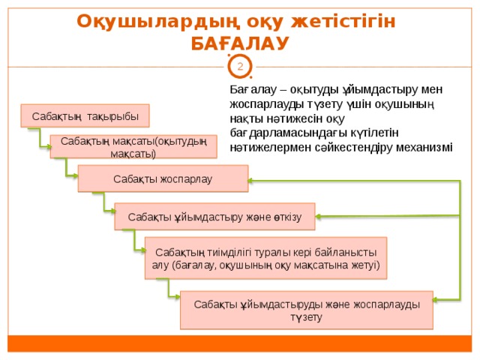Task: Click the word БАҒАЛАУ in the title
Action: pyautogui.click(x=240, y=43)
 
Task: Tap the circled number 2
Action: pyautogui.click(x=240, y=67)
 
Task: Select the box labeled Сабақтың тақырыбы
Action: pyautogui.click(x=85, y=115)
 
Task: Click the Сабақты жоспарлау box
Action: pyautogui.click(x=163, y=178)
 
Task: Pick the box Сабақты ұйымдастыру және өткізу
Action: pyautogui.click(x=214, y=217)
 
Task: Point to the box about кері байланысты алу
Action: pyautogui.click(x=265, y=258)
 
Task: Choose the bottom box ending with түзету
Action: pyautogui.click(x=307, y=310)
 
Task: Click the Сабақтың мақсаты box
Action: pyautogui.click(x=133, y=147)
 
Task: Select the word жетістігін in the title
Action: pyautogui.click(x=343, y=22)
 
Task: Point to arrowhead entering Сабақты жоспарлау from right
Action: pyautogui.click(x=250, y=181)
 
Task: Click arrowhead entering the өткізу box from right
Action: pyautogui.click(x=318, y=217)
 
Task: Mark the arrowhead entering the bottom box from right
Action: pyautogui.click(x=436, y=300)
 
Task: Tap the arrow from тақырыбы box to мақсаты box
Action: pyautogui.click(x=40, y=138)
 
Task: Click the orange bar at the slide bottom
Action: pyautogui.click(x=240, y=343)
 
